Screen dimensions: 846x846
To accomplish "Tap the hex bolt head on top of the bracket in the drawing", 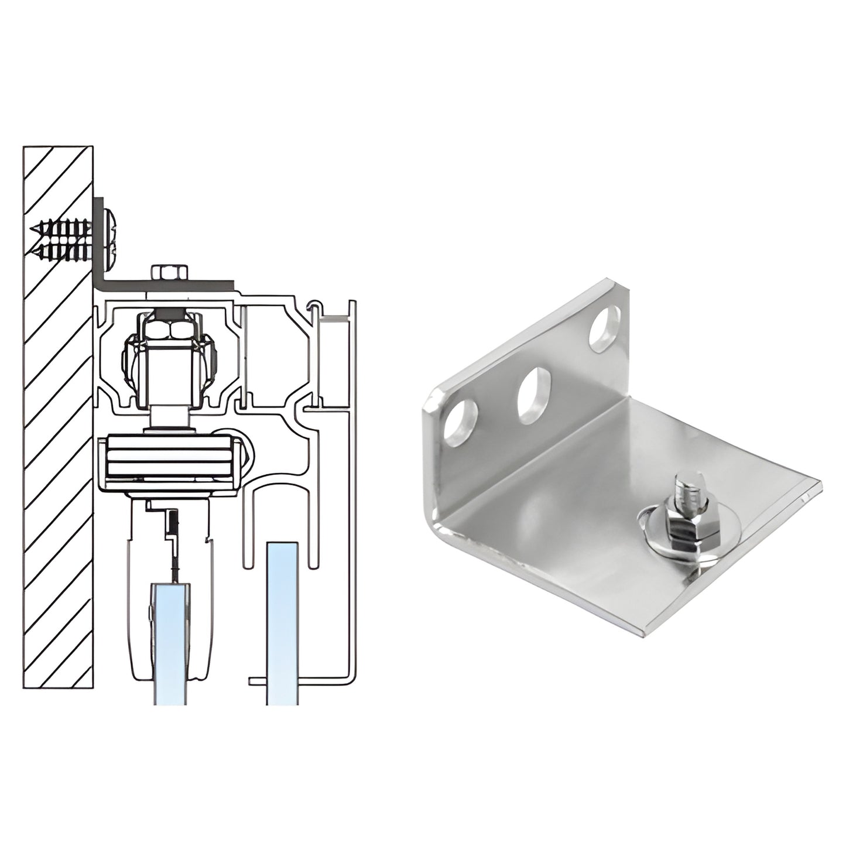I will click(x=169, y=273).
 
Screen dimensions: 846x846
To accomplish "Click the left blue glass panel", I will click(x=170, y=644).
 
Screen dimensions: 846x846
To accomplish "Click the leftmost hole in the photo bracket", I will click(x=460, y=422).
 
